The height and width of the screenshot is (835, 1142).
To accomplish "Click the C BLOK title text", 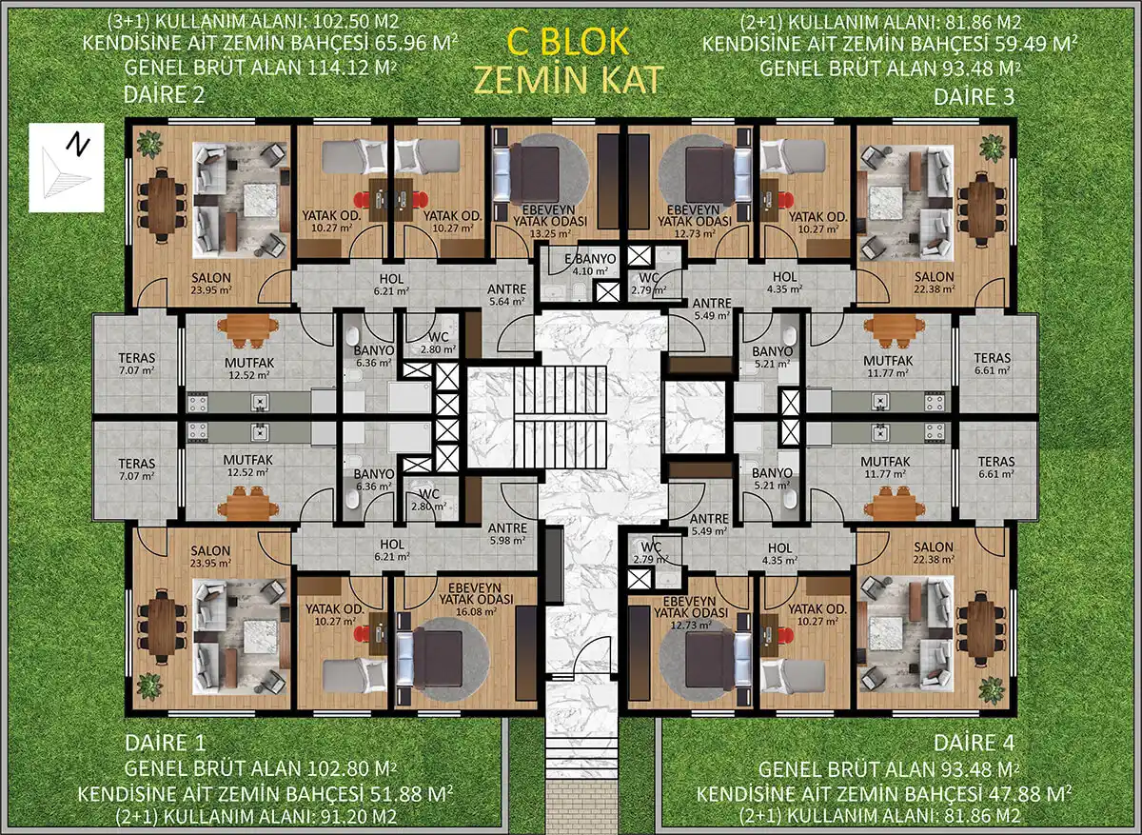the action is [x=567, y=42].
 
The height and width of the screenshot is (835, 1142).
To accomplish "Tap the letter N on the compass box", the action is [x=77, y=144].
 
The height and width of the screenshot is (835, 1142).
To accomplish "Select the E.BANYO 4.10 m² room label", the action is [x=590, y=265].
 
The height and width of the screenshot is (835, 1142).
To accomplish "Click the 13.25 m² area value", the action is [x=550, y=233].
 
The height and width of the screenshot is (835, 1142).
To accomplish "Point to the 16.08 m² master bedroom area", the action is [x=476, y=611].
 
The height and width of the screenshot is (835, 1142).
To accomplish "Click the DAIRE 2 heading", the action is [x=164, y=95].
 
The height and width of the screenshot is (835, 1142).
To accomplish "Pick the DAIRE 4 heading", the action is [x=974, y=744].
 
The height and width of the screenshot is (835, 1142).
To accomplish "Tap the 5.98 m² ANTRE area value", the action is [x=507, y=540].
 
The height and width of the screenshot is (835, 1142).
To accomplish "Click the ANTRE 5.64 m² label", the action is [x=506, y=295].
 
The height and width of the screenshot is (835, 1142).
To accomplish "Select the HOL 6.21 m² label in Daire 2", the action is [x=391, y=285].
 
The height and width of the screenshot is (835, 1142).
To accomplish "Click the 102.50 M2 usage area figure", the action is [x=356, y=22].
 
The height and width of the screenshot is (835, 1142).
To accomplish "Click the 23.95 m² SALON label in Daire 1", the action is [x=210, y=556].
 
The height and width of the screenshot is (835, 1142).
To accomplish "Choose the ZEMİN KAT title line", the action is [x=568, y=80].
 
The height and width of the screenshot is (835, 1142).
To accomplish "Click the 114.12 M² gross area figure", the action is [x=352, y=68].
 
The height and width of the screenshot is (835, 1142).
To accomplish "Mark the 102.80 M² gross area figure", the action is [x=352, y=768].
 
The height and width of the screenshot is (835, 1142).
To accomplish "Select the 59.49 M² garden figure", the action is [x=1036, y=44].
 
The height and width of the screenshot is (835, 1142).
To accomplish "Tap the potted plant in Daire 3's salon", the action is [x=993, y=148].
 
